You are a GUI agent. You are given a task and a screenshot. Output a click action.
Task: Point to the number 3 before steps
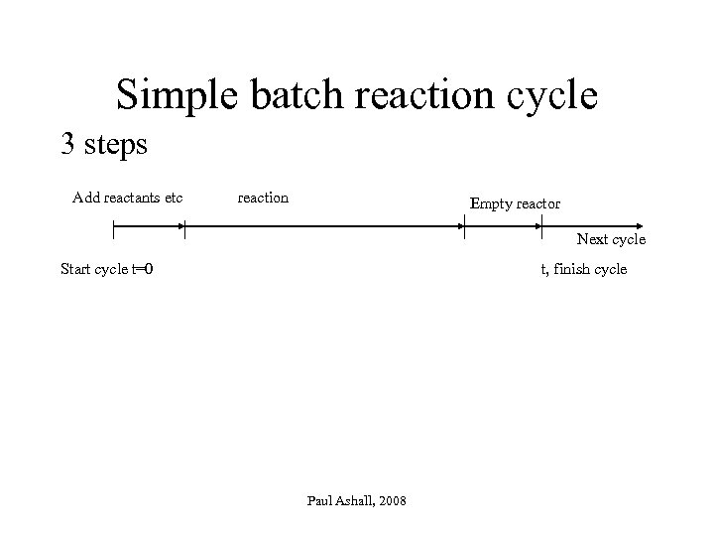click(68, 145)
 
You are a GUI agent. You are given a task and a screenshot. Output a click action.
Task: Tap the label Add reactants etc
click(128, 198)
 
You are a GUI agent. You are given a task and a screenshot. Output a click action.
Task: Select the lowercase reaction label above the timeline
click(263, 198)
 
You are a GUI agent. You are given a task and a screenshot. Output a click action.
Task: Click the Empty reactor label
click(515, 203)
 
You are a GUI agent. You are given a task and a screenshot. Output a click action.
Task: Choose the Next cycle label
click(611, 239)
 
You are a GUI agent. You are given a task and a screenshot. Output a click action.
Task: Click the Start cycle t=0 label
click(107, 268)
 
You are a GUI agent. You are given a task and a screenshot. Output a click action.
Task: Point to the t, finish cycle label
click(583, 268)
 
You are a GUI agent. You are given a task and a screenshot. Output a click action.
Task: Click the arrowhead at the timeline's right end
click(640, 227)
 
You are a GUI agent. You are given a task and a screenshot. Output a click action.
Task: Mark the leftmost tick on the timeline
click(113, 227)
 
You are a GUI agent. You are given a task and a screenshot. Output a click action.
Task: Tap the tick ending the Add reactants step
click(184, 227)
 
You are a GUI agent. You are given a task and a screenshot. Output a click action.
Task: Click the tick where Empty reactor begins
click(465, 227)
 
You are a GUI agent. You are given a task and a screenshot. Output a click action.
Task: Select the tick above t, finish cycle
click(541, 227)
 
